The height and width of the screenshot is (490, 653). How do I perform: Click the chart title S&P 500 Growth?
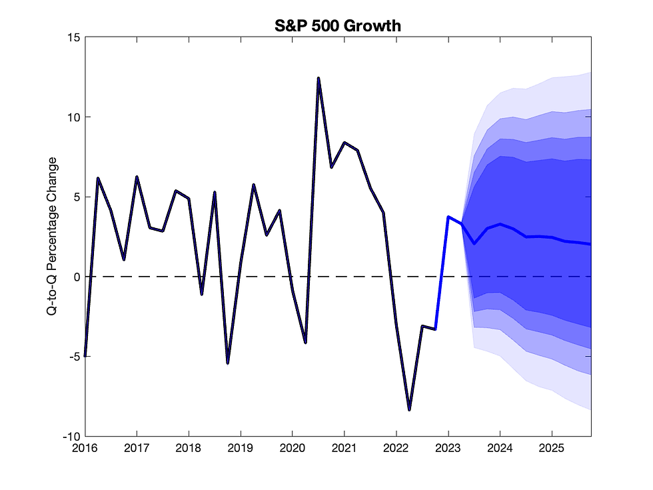pos(338,26)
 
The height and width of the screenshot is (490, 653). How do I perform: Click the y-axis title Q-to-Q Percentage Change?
pos(51,237)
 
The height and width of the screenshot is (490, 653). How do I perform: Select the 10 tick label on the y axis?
pos(73,117)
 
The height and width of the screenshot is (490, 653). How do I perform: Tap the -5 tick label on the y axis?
pos(73,357)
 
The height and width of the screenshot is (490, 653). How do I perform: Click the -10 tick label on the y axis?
pos(71,436)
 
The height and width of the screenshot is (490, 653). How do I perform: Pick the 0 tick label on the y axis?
pos(76,277)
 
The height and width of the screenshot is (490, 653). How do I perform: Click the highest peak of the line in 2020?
pos(319,79)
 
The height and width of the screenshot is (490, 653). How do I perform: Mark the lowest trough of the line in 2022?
pos(409,410)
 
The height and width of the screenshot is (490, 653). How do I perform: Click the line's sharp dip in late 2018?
pos(228,363)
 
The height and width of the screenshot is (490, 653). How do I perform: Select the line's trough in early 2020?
pos(305,343)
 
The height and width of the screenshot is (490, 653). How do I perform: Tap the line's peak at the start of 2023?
pos(448,217)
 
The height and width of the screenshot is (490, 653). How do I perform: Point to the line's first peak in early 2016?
pos(98,179)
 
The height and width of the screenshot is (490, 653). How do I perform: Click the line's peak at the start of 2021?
pos(344,143)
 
